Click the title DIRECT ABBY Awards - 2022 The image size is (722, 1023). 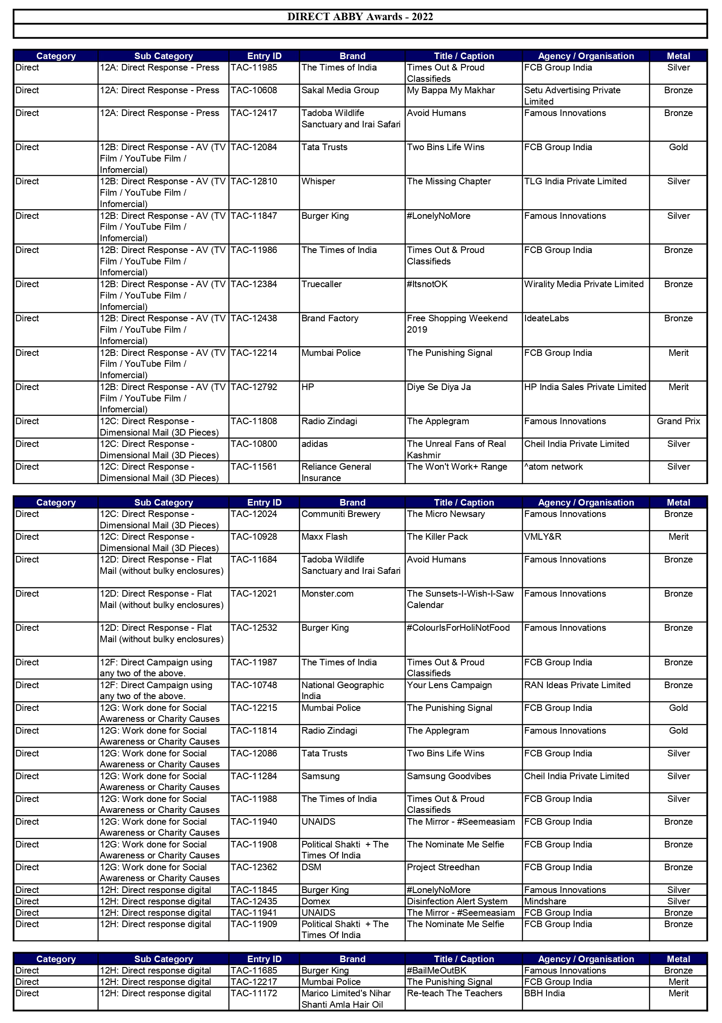click(x=360, y=17)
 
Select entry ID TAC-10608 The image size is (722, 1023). click(x=254, y=90)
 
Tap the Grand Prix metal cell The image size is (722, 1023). click(x=678, y=421)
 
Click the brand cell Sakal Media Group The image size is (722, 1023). click(x=340, y=90)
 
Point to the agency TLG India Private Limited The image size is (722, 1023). click(x=575, y=181)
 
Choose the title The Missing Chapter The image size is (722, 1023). click(x=449, y=181)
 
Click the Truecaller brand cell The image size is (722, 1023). click(x=322, y=284)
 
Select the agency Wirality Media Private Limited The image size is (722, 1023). click(x=583, y=284)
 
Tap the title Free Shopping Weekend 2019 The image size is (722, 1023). click(x=457, y=324)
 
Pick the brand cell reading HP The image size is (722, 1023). click(x=308, y=387)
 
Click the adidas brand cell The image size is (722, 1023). click(x=315, y=444)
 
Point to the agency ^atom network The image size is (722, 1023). click(x=553, y=467)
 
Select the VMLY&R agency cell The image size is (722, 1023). click(x=543, y=537)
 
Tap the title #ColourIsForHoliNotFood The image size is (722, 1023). click(x=458, y=628)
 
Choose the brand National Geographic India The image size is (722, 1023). click(x=343, y=690)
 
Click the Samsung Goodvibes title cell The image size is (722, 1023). click(x=449, y=776)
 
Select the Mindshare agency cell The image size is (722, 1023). click(x=545, y=901)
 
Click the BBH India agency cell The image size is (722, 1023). click(x=544, y=993)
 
